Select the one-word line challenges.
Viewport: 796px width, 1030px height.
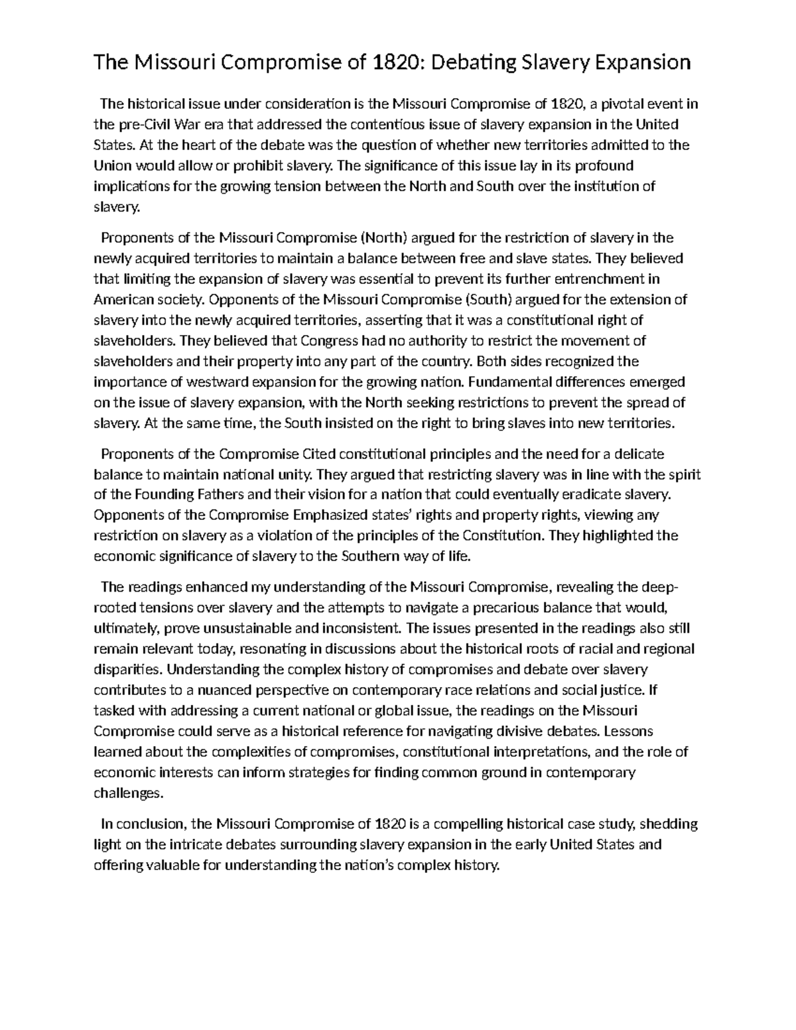[x=127, y=793]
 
